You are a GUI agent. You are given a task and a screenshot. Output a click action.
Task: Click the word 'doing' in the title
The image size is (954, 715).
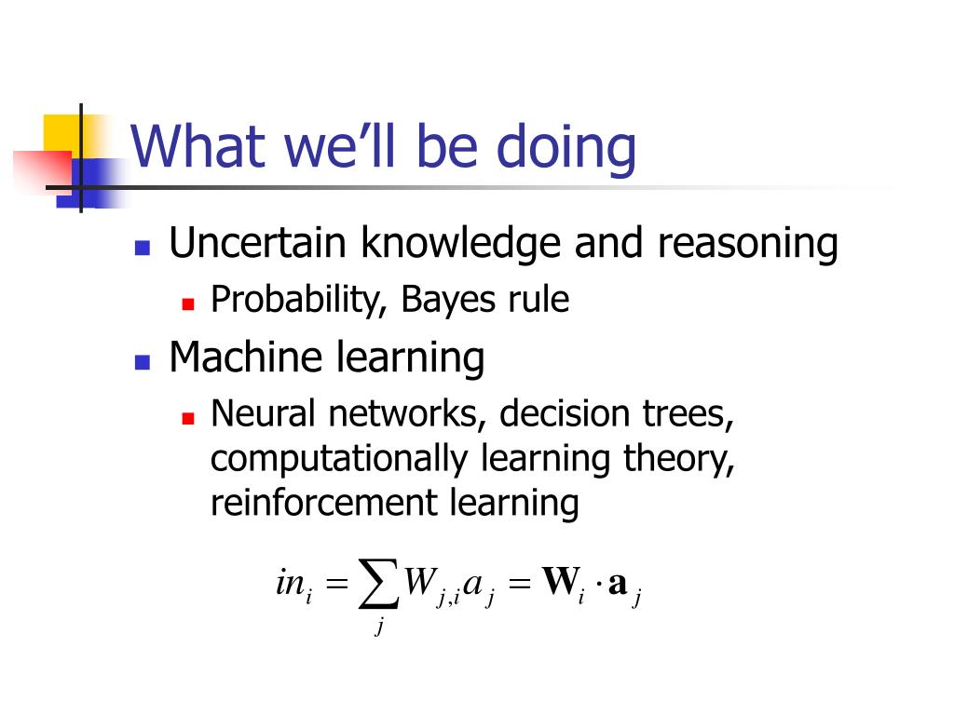pyautogui.click(x=566, y=149)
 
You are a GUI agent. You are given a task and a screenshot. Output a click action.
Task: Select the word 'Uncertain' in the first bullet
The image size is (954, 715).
pyautogui.click(x=258, y=243)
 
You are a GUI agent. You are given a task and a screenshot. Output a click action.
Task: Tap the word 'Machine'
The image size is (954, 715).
pyautogui.click(x=246, y=357)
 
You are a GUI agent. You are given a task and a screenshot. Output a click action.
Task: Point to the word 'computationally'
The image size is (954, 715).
pyautogui.click(x=339, y=460)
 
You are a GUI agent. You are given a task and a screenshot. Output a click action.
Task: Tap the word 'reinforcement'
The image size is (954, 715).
pyautogui.click(x=324, y=504)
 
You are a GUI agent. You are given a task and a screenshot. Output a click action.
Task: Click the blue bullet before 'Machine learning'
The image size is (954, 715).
pyautogui.click(x=143, y=362)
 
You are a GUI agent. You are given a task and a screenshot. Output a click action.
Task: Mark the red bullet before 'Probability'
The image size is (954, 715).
pyautogui.click(x=188, y=304)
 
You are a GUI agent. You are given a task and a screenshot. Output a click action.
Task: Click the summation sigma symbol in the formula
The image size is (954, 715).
pyautogui.click(x=378, y=584)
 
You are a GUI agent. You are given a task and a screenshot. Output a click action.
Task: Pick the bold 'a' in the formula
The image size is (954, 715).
pyautogui.click(x=617, y=584)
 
